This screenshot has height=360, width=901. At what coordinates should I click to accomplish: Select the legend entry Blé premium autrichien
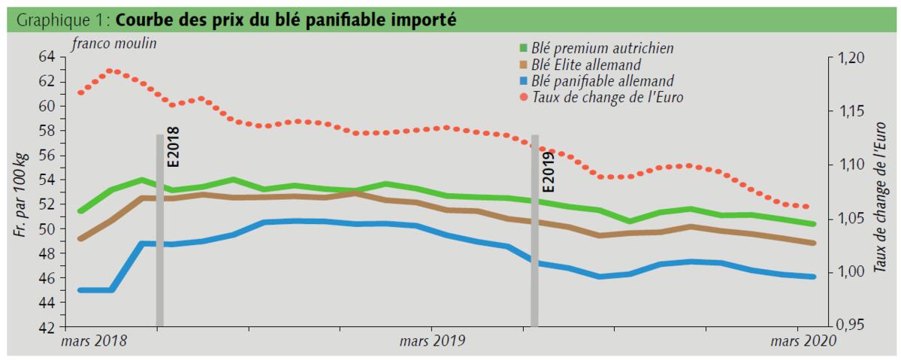coord(601,48)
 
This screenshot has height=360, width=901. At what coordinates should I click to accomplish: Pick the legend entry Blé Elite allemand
coord(587,65)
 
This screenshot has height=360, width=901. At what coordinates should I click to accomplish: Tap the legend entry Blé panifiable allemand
coord(602,80)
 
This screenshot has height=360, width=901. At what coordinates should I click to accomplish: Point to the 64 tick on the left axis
coord(46,57)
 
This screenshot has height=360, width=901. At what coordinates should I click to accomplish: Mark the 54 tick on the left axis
coord(46,180)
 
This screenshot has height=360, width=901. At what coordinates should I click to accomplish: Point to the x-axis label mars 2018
coord(95,342)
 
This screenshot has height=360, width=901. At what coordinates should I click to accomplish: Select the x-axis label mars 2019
coord(432,342)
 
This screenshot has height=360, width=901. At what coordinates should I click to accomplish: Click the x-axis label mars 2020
coord(802,342)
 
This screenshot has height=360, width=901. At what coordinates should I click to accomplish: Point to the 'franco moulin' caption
coord(114,43)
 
